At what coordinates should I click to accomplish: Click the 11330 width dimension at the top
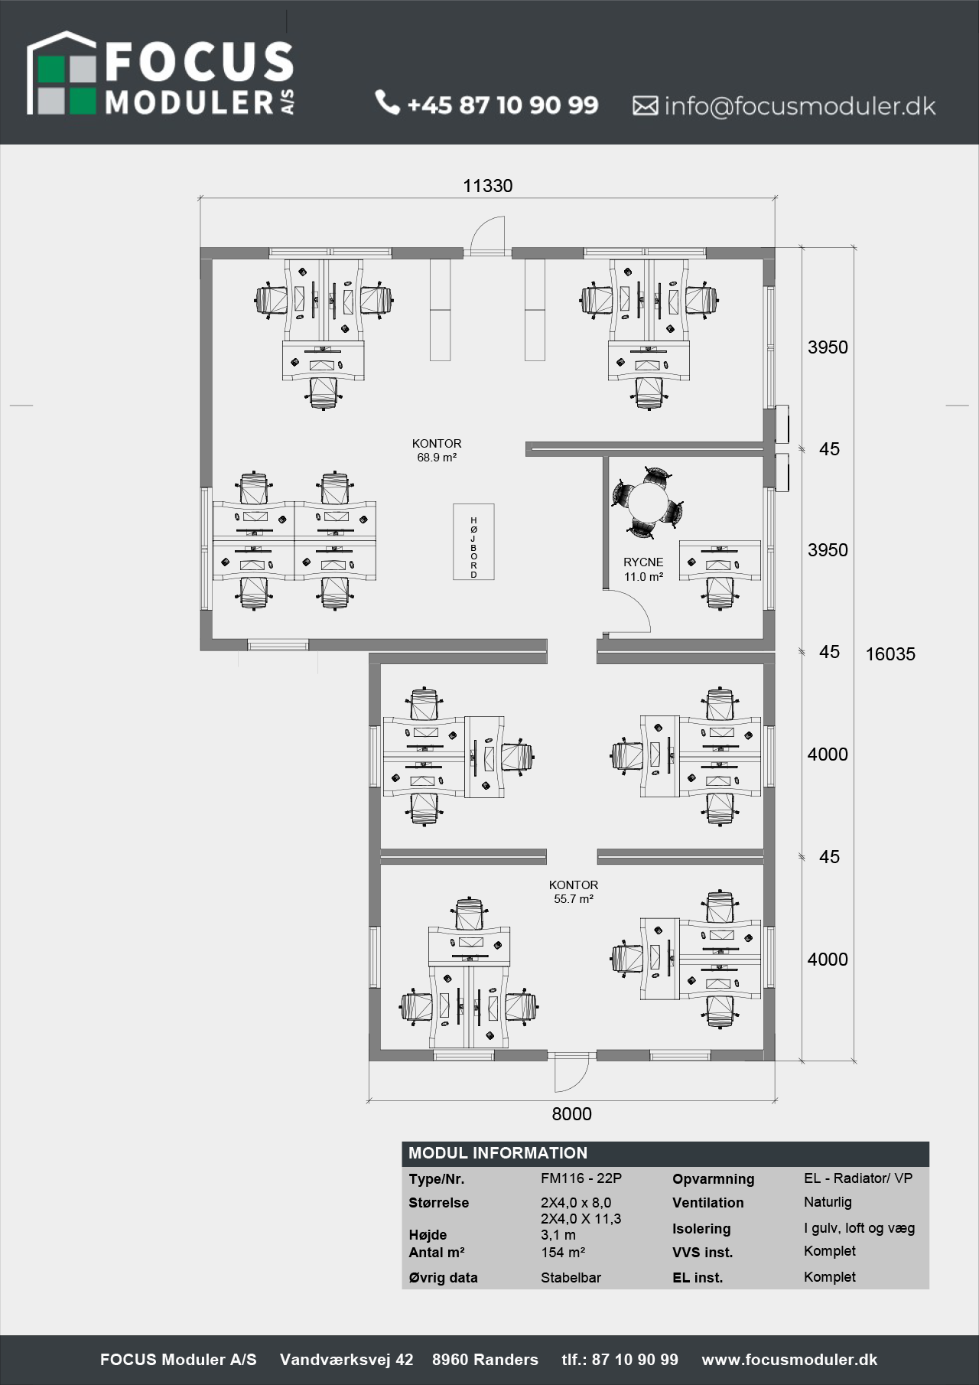click(x=488, y=186)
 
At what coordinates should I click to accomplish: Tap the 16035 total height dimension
click(x=890, y=654)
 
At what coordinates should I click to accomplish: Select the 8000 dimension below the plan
click(x=572, y=1114)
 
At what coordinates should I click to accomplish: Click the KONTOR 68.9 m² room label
click(x=437, y=451)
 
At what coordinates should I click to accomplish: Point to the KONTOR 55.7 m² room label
click(x=574, y=892)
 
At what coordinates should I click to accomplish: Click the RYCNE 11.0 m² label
click(x=643, y=569)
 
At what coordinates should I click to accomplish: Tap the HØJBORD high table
click(x=473, y=542)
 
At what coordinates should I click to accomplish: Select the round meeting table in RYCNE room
click(x=648, y=502)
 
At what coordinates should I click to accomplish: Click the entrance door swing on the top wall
click(x=488, y=233)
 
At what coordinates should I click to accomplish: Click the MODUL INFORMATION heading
click(x=498, y=1153)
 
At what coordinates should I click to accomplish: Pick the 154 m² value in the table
click(x=563, y=1253)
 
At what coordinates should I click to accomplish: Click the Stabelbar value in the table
click(x=571, y=1278)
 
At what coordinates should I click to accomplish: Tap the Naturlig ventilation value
click(x=828, y=1202)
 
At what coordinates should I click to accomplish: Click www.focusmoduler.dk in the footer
click(x=789, y=1360)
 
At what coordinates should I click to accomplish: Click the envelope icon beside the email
click(x=645, y=106)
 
